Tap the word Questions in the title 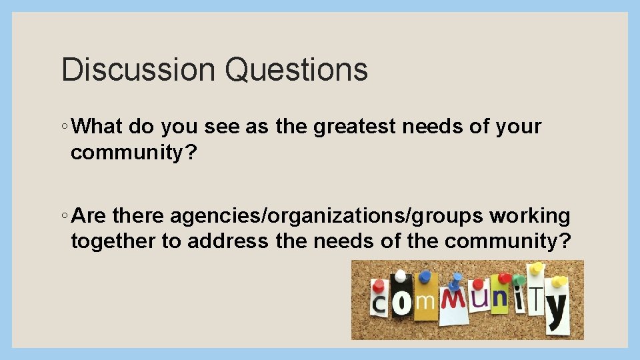pos(296,69)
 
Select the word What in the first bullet pos(100,126)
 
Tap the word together pos(113,241)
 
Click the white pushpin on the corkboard pos(401,275)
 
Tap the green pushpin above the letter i pos(519,279)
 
